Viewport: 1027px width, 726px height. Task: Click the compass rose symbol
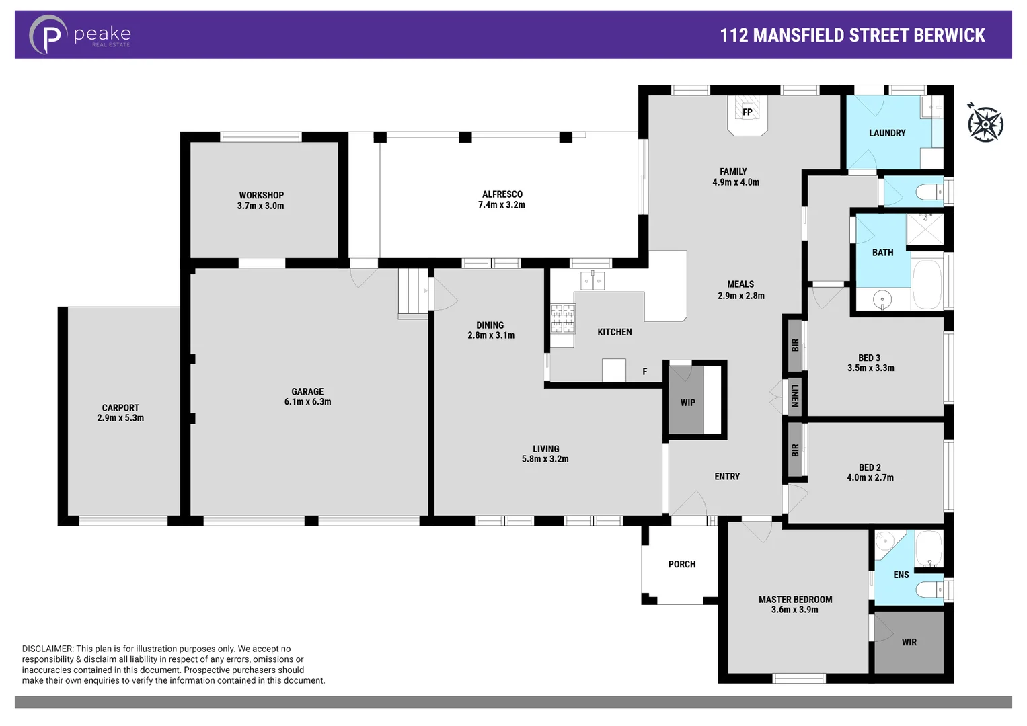[985, 124]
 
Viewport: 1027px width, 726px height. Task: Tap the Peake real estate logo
[79, 34]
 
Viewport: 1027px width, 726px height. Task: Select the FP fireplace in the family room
[747, 112]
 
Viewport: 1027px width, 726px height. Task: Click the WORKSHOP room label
[261, 196]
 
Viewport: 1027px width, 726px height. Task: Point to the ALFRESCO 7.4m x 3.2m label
[502, 200]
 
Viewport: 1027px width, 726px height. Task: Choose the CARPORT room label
[120, 408]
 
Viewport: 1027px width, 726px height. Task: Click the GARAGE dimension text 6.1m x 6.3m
[307, 402]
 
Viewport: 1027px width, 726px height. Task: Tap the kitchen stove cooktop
[562, 319]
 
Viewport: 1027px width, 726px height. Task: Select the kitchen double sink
[593, 280]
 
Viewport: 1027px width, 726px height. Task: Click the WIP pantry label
[687, 403]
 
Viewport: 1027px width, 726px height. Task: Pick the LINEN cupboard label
[794, 395]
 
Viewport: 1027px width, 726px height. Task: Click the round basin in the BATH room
[882, 298]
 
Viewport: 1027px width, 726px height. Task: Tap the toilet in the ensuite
[931, 590]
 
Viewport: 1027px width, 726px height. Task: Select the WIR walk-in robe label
[909, 643]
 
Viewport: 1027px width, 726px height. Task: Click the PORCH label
[681, 565]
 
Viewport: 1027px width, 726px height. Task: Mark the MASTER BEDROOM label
[795, 600]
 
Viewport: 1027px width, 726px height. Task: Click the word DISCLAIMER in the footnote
[47, 649]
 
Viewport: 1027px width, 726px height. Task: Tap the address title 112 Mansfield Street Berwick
[852, 35]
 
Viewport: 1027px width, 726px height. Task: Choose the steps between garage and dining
[413, 291]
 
